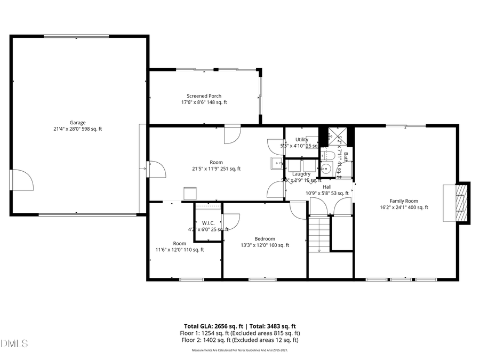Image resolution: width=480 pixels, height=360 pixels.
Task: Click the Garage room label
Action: (x=77, y=122)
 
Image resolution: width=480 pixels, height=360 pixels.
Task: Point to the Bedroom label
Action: (x=265, y=238)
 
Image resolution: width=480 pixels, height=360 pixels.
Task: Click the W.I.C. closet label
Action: (x=207, y=223)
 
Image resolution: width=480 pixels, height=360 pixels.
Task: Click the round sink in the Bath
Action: (x=327, y=170)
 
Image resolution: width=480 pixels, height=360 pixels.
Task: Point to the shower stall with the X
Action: (x=337, y=136)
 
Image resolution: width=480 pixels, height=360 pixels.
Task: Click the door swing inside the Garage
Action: (x=22, y=180)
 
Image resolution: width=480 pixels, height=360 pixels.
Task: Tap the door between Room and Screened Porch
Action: (x=233, y=134)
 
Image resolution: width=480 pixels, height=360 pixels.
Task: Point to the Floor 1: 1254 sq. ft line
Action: (x=239, y=333)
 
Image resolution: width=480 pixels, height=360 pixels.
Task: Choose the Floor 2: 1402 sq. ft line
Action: (x=239, y=340)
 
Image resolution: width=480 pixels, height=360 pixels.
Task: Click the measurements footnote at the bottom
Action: (x=239, y=350)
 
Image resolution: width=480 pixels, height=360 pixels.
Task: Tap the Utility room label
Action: (x=301, y=139)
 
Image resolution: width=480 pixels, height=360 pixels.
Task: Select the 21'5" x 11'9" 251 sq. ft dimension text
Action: (x=216, y=169)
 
